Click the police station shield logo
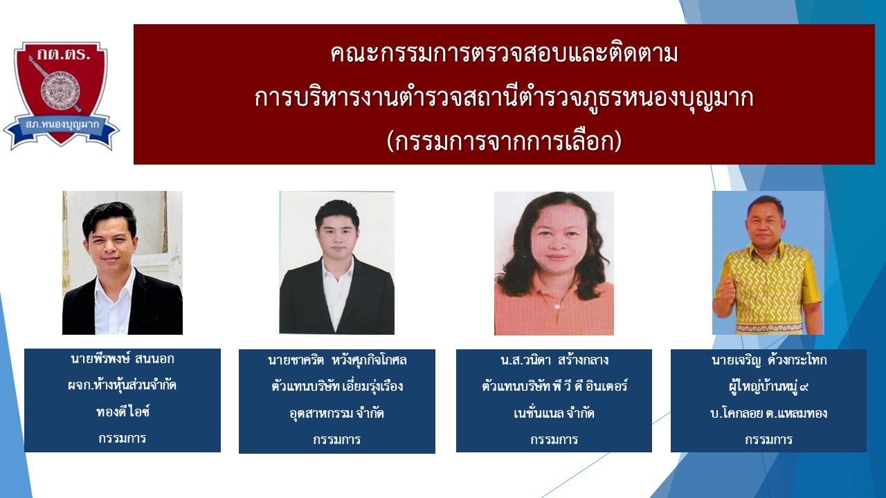click(x=62, y=95)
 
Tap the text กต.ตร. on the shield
click(x=64, y=55)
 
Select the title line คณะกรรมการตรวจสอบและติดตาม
click(x=504, y=54)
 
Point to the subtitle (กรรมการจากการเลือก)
click(x=504, y=142)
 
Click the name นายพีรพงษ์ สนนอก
click(x=123, y=359)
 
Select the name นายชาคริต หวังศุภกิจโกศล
click(x=337, y=360)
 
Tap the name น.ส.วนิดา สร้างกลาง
click(x=554, y=360)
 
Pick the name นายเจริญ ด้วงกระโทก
click(x=769, y=360)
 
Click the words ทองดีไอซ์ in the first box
click(x=123, y=412)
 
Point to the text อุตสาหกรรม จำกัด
click(x=337, y=414)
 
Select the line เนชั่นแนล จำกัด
click(x=554, y=414)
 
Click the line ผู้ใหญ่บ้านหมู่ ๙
click(x=769, y=386)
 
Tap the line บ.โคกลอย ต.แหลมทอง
click(x=769, y=414)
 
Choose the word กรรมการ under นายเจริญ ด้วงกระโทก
click(x=769, y=439)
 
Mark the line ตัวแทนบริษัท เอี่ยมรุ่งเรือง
click(x=337, y=386)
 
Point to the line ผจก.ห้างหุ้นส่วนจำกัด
click(x=123, y=385)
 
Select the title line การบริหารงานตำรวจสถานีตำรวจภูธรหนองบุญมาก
click(x=504, y=99)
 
